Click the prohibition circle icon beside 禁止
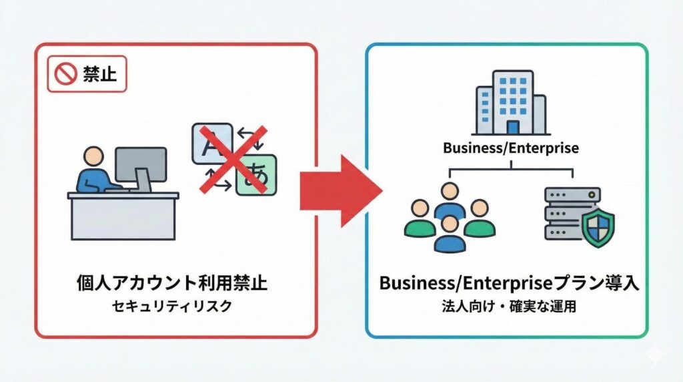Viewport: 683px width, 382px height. [x=67, y=73]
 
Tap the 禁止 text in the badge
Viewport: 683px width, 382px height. [x=99, y=73]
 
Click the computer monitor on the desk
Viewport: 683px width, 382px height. [x=140, y=165]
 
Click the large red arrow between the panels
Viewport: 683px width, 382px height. [x=340, y=191]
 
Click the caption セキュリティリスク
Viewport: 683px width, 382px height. [x=172, y=306]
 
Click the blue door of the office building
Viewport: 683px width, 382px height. [x=512, y=127]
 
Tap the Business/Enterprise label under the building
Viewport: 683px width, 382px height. [x=511, y=148]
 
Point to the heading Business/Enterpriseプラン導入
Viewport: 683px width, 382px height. [x=510, y=282]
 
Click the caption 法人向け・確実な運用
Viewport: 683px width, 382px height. [x=510, y=307]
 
